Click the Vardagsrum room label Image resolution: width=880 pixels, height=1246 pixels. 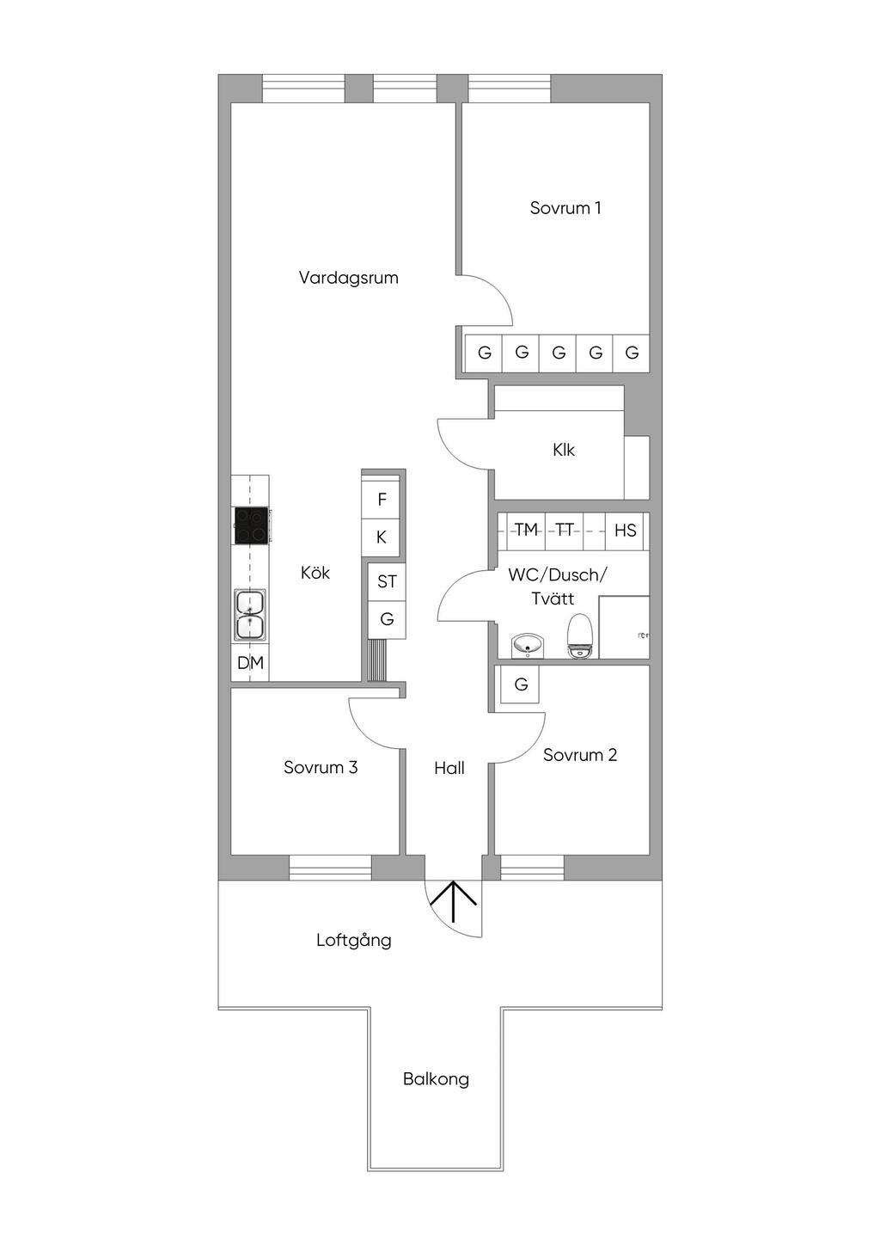tap(348, 278)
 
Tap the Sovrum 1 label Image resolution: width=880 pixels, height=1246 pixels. tap(565, 208)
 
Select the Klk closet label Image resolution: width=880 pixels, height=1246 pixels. tap(564, 450)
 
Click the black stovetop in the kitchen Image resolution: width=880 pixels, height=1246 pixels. tap(251, 525)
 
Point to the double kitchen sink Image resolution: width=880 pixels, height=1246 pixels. tap(250, 614)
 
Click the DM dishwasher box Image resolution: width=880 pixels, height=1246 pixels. tap(250, 663)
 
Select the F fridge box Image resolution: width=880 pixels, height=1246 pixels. tap(382, 500)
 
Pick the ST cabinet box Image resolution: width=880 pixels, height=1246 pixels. tap(387, 582)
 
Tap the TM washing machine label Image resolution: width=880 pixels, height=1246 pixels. tap(526, 530)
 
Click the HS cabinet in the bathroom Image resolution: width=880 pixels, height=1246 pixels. tap(625, 531)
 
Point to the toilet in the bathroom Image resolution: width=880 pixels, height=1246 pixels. tap(581, 637)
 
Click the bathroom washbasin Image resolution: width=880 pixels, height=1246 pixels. tap(527, 645)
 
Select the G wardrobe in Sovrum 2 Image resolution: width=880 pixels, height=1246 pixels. tap(520, 685)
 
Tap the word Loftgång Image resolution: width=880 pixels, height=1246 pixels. tap(353, 940)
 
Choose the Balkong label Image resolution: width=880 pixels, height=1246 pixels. tap(436, 1079)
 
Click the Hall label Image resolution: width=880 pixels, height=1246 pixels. tap(449, 769)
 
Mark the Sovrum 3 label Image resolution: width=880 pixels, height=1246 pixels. tap(321, 768)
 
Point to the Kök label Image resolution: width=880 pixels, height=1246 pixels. tap(315, 573)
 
